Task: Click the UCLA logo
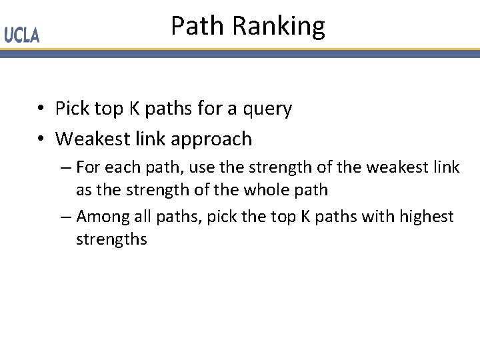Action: [22, 35]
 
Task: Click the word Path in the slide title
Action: [197, 26]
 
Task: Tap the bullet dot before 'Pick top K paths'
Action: [41, 109]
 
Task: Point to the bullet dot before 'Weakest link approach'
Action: [41, 139]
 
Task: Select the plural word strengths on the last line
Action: [111, 239]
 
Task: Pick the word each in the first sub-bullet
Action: [121, 167]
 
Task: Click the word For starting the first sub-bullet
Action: [89, 167]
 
